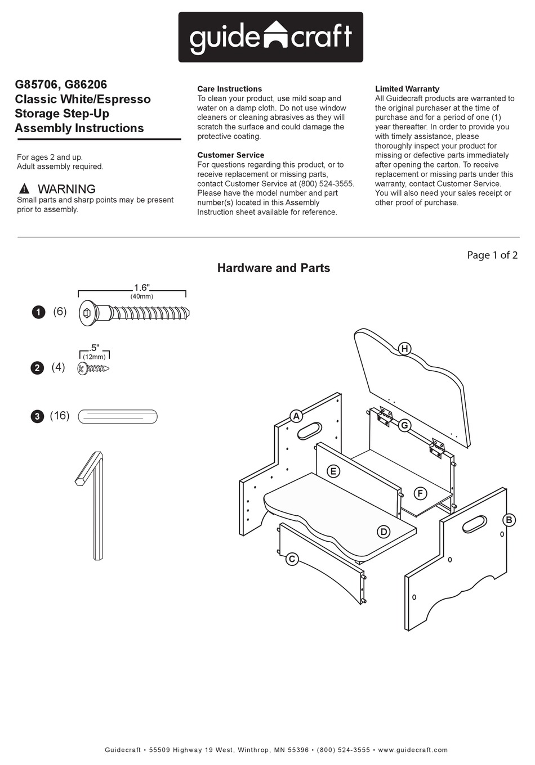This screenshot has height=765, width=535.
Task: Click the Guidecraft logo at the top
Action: [271, 37]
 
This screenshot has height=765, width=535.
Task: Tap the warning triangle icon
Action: [24, 189]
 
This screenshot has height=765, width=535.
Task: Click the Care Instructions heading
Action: [229, 89]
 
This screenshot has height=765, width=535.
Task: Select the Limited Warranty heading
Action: [407, 89]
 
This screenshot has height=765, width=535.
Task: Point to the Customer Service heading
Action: [230, 155]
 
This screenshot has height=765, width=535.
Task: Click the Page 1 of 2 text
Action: [492, 255]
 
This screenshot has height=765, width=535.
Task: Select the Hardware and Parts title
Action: [274, 268]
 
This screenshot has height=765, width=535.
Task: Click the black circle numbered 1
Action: [38, 312]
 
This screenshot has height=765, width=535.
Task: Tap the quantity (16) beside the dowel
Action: [60, 416]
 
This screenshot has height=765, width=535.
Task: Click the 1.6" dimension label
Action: [141, 287]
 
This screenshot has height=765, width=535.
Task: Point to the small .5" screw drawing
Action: [93, 369]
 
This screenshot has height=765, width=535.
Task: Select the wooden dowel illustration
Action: [118, 417]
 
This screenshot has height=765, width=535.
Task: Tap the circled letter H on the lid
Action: [404, 349]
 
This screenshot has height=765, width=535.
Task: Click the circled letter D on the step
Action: [384, 532]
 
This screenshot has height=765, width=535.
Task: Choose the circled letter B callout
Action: [509, 520]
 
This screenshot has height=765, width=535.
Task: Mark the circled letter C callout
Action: [292, 559]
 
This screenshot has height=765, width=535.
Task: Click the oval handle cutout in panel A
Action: [309, 431]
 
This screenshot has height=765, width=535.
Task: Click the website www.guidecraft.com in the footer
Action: [413, 750]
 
